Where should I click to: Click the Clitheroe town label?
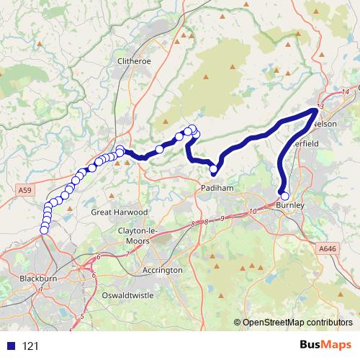click(134, 61)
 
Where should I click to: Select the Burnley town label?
click(290, 206)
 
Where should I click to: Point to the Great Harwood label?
click(120, 212)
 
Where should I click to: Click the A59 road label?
click(25, 190)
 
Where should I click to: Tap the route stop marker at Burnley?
click(284, 196)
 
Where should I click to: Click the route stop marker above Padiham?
click(214, 170)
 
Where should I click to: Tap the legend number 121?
click(30, 346)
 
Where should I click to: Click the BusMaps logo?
click(325, 346)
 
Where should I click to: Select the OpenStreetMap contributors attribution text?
click(297, 323)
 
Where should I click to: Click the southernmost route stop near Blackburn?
click(44, 230)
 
